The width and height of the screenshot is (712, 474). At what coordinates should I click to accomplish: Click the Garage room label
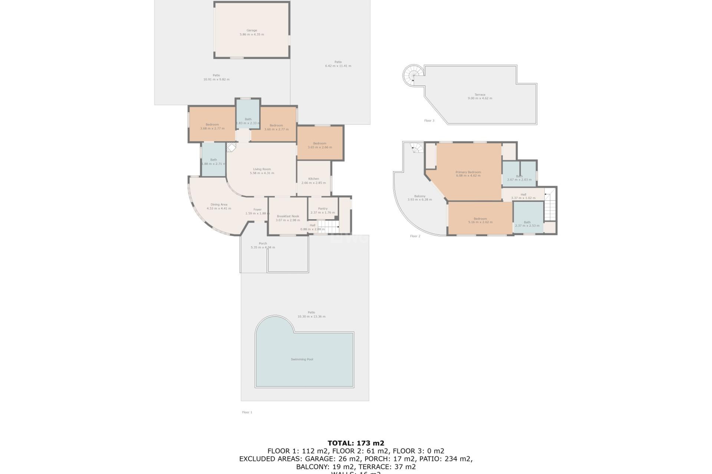[x=252, y=30]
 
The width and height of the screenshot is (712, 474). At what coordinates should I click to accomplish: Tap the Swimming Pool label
[x=302, y=359]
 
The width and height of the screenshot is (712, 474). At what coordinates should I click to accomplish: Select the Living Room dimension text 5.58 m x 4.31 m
[x=262, y=173]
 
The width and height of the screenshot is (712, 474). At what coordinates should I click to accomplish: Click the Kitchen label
[x=313, y=178]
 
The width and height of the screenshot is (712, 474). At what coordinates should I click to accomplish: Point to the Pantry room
[x=323, y=210]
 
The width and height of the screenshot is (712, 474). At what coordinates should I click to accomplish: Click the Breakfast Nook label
[x=288, y=216]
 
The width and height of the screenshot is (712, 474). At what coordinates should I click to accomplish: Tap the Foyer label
[x=257, y=209]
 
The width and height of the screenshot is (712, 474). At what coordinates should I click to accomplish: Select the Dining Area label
[x=219, y=204]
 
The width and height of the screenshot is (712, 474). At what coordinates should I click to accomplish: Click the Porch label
[x=263, y=243]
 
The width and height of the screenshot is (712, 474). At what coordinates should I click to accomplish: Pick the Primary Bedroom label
[x=468, y=172]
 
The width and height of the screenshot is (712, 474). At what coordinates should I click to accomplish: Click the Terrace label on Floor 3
[x=480, y=94]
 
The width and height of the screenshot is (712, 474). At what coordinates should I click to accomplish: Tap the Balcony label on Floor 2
[x=419, y=196]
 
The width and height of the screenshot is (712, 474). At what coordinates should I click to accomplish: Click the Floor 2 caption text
[x=415, y=236]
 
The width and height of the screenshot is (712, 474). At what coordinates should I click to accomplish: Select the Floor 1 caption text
[x=247, y=412]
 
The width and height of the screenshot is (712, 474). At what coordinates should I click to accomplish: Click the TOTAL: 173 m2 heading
[x=356, y=443]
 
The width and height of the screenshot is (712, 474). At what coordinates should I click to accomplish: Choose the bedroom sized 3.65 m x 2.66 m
[x=320, y=145]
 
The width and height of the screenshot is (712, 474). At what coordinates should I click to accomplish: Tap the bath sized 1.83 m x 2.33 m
[x=248, y=121]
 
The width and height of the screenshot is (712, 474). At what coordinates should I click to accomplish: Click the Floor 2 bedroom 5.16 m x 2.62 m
[x=480, y=220]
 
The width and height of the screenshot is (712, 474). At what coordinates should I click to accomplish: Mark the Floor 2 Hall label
[x=523, y=194]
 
